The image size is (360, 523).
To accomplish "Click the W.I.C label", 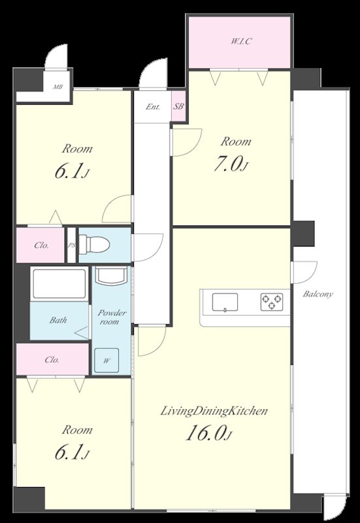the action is [241, 42].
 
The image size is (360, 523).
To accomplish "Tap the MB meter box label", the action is [58, 88].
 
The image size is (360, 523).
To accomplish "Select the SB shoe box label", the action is [178, 107].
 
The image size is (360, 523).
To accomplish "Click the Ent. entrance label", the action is [153, 107].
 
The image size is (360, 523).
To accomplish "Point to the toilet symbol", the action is [94, 245].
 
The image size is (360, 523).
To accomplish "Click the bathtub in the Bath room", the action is [59, 284].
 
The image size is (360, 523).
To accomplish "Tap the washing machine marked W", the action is [106, 361].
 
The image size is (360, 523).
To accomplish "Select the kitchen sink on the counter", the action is [225, 302].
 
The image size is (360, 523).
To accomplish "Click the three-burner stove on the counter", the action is [272, 302].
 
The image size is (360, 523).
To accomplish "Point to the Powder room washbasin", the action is [111, 275].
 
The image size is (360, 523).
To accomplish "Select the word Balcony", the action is [318, 294].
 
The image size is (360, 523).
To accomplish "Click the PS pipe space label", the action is [71, 245].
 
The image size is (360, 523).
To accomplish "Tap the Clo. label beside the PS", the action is [42, 246].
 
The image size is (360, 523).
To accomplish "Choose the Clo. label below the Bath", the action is [52, 360].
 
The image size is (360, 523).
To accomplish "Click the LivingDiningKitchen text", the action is [214, 411].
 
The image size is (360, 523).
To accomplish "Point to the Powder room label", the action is [111, 317].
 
